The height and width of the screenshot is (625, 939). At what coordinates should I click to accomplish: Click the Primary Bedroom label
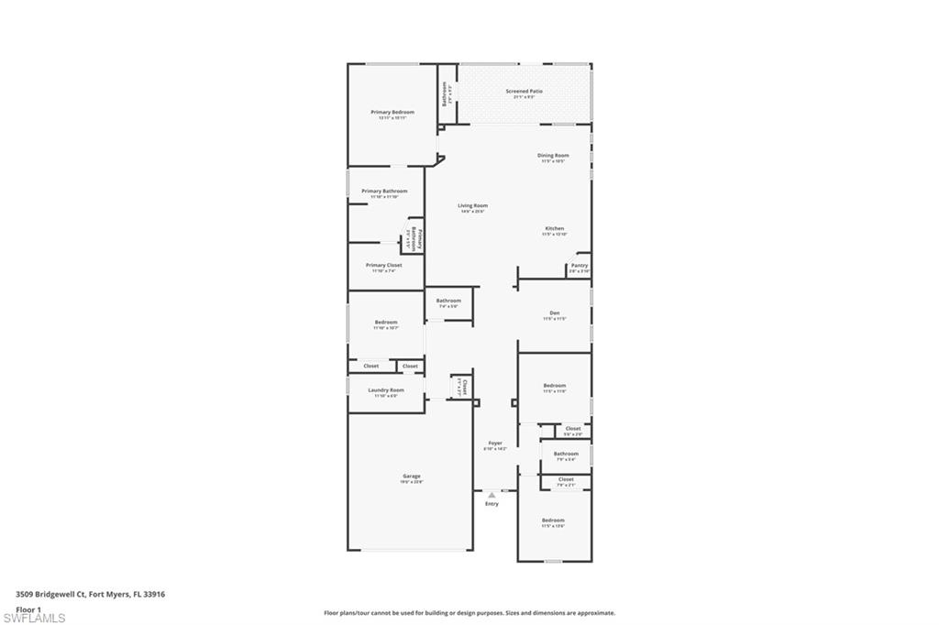click(x=392, y=112)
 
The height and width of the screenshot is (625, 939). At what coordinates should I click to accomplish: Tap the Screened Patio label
click(x=525, y=91)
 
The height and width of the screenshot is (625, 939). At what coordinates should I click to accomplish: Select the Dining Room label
click(x=553, y=155)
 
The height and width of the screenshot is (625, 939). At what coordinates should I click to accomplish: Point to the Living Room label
click(x=473, y=205)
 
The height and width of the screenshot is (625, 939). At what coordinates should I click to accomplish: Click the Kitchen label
click(x=555, y=228)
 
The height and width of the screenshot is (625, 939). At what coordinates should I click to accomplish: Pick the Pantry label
click(x=580, y=265)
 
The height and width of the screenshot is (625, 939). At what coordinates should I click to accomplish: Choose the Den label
click(x=555, y=312)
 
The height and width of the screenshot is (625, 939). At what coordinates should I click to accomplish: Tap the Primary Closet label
click(x=383, y=265)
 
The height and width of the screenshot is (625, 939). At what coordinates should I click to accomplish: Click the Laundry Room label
click(x=386, y=389)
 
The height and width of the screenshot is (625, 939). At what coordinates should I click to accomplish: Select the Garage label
click(x=412, y=476)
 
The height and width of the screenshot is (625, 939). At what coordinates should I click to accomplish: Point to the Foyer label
click(x=495, y=443)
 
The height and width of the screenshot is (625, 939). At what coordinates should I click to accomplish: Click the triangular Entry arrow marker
click(x=492, y=495)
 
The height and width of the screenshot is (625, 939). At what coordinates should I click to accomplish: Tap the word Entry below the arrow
click(x=492, y=504)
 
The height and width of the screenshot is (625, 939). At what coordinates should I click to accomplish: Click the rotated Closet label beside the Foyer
click(x=465, y=387)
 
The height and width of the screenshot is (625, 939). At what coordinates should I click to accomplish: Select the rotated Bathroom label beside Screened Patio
click(x=445, y=95)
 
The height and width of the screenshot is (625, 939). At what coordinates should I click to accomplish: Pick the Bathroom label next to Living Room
click(x=448, y=301)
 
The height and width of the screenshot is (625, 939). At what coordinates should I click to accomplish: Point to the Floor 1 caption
click(x=29, y=609)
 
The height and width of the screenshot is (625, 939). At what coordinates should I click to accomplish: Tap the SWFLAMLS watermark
click(x=34, y=618)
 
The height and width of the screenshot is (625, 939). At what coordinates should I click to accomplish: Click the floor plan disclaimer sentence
click(x=469, y=613)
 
